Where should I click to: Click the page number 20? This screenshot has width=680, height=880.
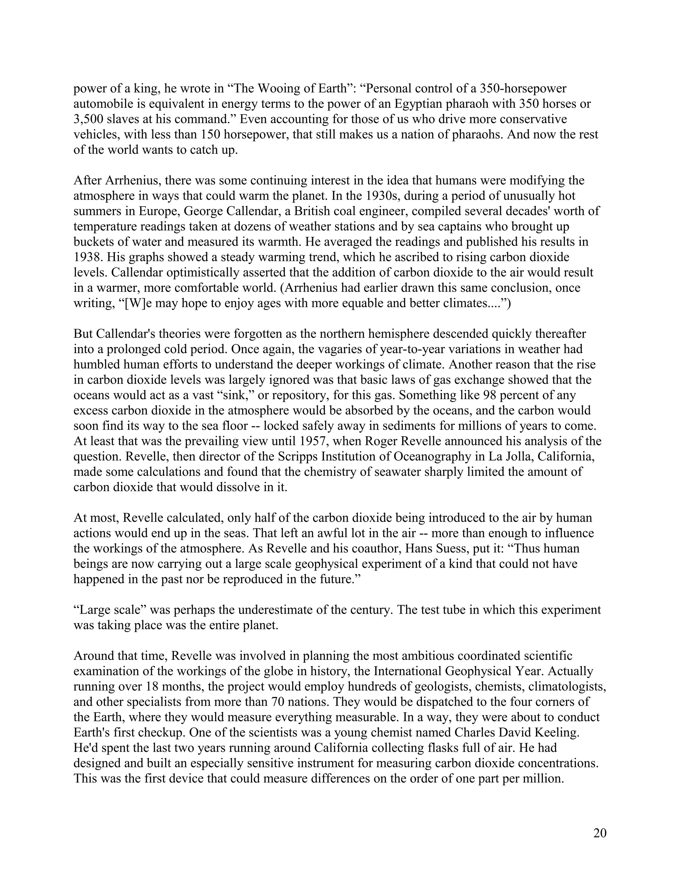(x=599, y=833)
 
